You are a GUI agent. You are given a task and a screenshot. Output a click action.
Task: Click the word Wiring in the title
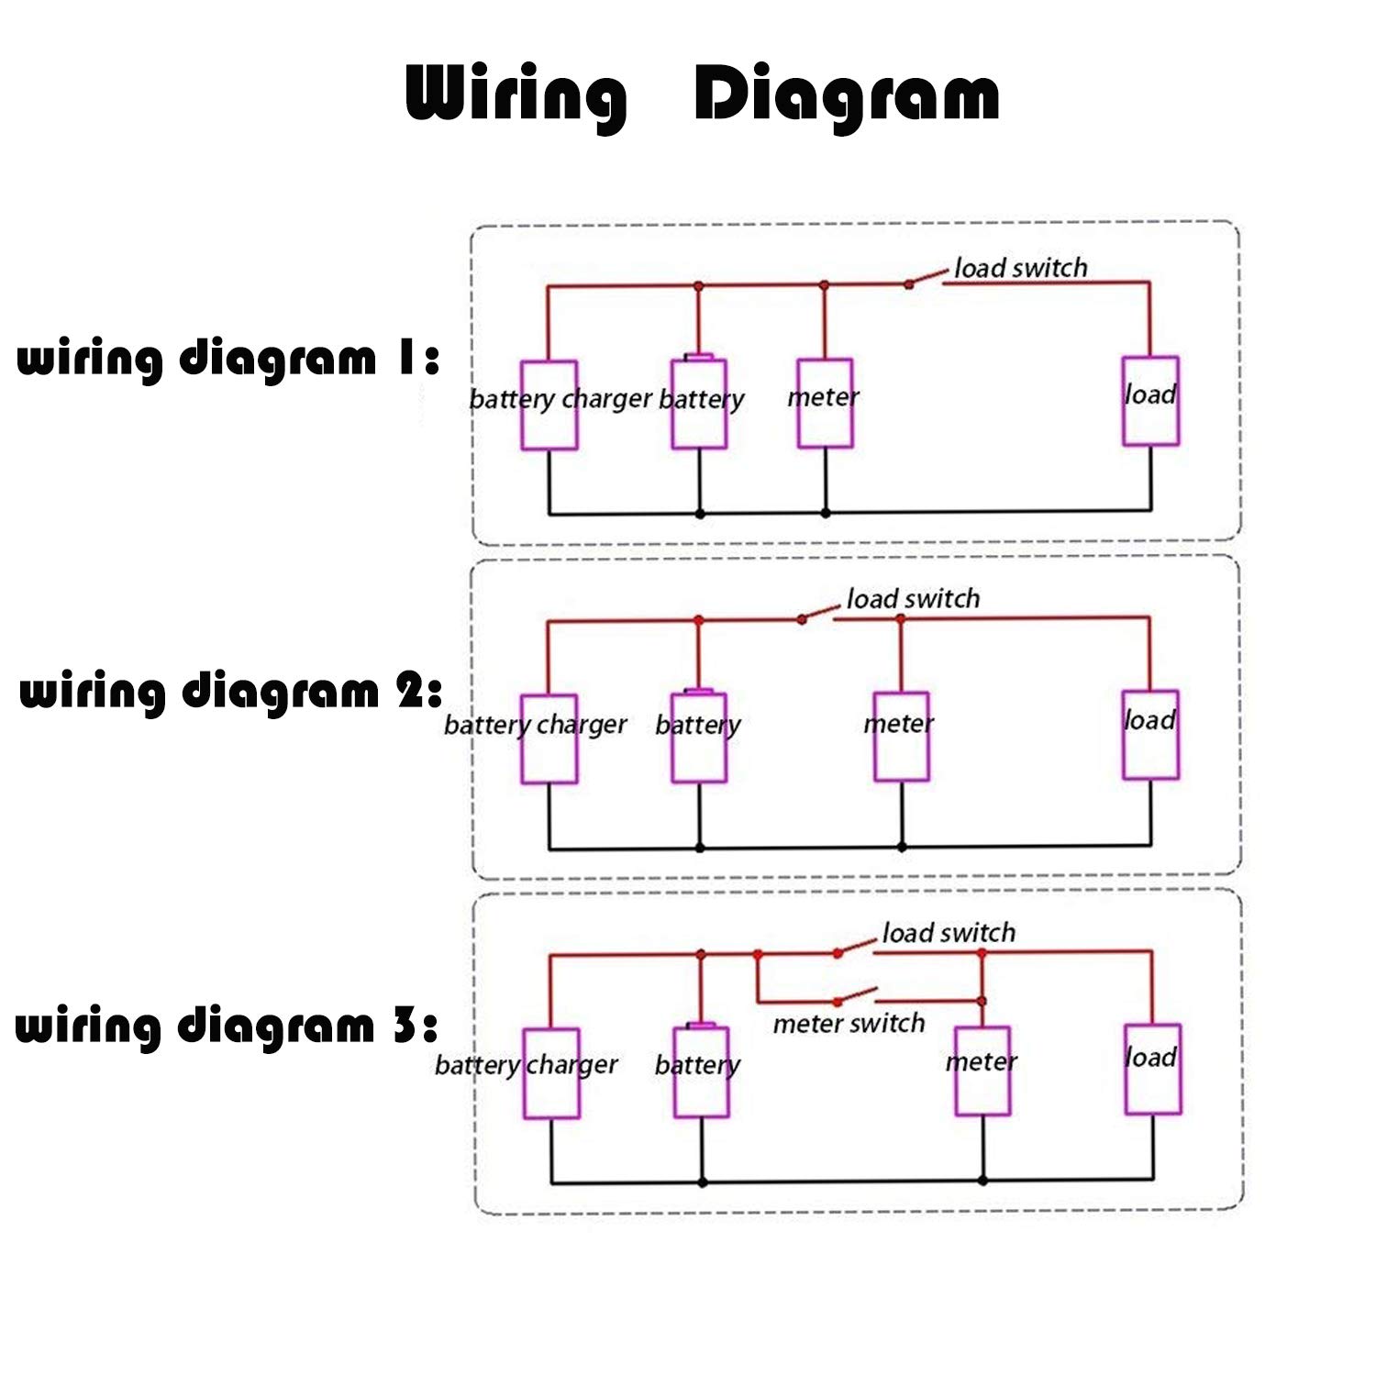coord(516,95)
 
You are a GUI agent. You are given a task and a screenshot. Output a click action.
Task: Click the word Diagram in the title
coord(847,95)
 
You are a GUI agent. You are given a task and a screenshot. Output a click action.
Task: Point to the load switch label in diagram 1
coord(1021,268)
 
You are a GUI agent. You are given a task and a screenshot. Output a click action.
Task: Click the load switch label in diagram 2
coord(913,599)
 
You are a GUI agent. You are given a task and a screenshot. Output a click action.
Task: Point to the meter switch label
coord(849,1023)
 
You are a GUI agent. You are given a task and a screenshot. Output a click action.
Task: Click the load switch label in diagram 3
coord(949,933)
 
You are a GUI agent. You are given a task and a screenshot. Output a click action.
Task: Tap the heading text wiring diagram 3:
coord(227,1026)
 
